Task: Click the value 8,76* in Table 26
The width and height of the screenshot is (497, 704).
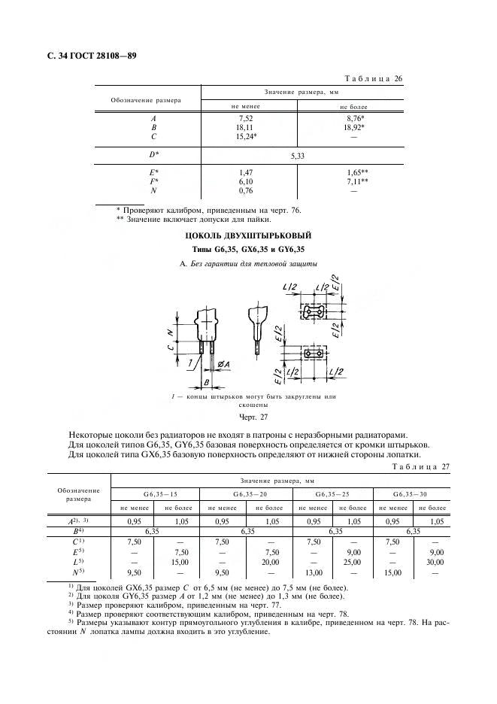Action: (352, 119)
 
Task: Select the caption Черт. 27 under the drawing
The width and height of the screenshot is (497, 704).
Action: (247, 414)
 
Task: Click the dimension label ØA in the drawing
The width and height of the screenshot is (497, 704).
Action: (223, 365)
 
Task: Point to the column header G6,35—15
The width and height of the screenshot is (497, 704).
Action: (155, 493)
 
